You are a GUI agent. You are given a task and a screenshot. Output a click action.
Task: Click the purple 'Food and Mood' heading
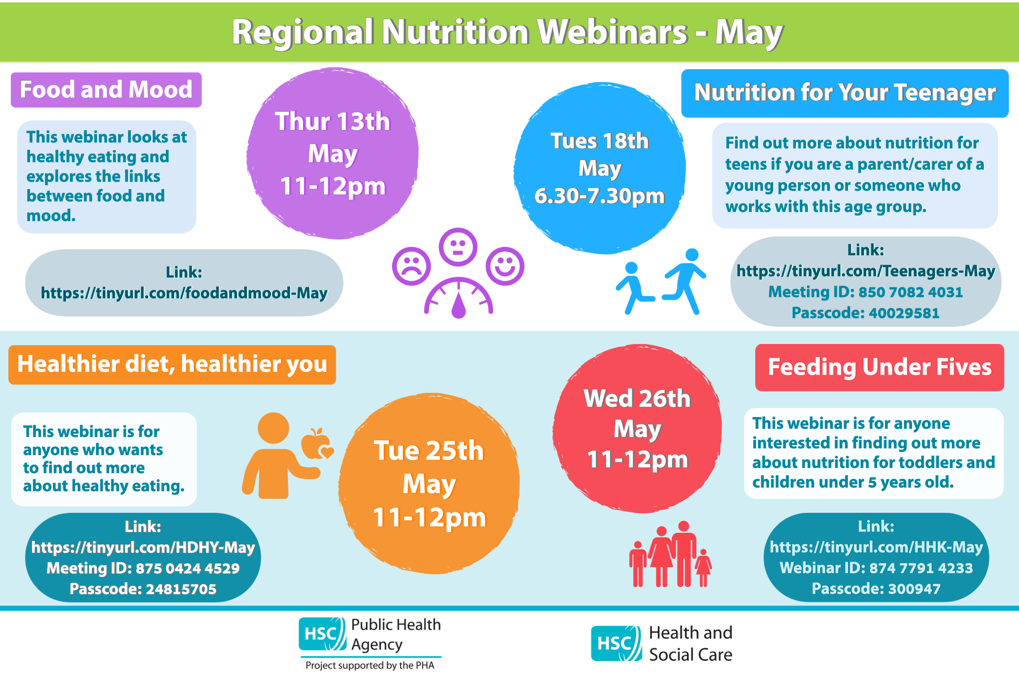click(x=106, y=90)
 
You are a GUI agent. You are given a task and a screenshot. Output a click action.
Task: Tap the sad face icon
click(x=412, y=266)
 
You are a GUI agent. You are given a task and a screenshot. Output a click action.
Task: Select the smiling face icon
click(x=505, y=266)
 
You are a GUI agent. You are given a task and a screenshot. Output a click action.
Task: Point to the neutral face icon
click(x=458, y=247)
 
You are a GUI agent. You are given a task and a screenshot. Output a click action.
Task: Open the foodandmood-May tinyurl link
click(x=184, y=293)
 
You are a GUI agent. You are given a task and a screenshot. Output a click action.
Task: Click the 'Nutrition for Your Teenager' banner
click(x=845, y=93)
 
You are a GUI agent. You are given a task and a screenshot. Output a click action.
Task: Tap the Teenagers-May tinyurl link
click(x=866, y=271)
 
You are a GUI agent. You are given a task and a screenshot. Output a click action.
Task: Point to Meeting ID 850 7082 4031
click(x=866, y=292)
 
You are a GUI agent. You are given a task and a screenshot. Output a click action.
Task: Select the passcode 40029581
click(x=866, y=313)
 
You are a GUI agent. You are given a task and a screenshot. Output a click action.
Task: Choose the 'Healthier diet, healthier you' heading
click(x=172, y=364)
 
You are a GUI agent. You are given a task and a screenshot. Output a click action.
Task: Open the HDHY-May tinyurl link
click(x=143, y=547)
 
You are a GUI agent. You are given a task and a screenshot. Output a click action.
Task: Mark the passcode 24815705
click(x=143, y=589)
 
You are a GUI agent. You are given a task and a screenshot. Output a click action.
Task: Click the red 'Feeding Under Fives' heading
click(x=880, y=367)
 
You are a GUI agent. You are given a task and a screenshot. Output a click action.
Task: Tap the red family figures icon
click(x=670, y=554)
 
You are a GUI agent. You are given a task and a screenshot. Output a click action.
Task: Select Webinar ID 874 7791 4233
click(x=876, y=568)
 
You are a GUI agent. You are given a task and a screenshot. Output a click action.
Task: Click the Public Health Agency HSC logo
click(x=322, y=634)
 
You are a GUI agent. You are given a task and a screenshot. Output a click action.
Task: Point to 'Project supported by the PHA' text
click(x=370, y=665)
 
